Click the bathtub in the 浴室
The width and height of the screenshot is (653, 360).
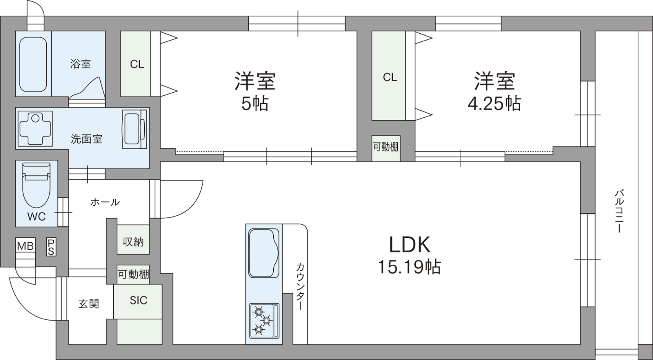(33, 64)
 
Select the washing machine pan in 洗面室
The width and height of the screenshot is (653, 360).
(35, 129)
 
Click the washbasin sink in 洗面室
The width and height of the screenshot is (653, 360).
(134, 129)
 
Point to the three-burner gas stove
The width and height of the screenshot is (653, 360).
(264, 321)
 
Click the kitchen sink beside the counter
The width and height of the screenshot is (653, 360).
(264, 253)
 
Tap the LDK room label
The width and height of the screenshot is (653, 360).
(410, 245)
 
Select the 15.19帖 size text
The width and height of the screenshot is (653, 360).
(409, 267)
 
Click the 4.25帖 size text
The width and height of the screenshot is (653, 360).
(495, 103)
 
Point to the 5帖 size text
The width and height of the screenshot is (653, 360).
(255, 103)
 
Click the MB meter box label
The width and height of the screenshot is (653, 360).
(25, 246)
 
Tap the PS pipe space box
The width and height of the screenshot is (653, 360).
(51, 247)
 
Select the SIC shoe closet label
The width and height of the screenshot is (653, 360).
(139, 300)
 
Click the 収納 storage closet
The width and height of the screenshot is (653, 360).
(133, 239)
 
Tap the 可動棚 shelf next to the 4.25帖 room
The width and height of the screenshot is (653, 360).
(386, 148)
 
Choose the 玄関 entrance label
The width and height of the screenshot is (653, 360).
(89, 304)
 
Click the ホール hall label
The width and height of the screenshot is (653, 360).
(105, 202)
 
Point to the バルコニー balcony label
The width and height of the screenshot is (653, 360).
(619, 211)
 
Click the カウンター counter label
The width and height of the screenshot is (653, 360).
(300, 286)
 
